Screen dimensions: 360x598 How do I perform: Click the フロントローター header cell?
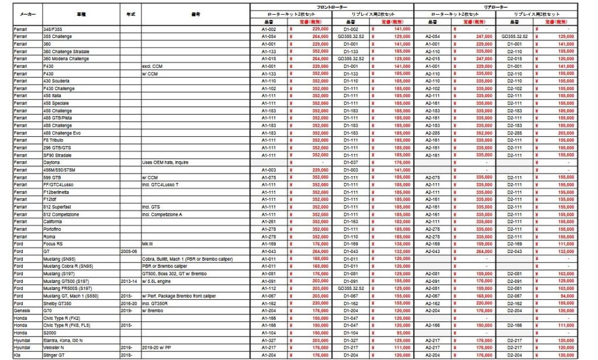click(332, 6)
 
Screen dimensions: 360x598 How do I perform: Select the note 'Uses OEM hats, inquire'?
click(165, 162)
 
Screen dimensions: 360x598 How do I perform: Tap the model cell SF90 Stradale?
click(57, 155)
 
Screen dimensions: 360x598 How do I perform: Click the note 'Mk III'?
click(148, 244)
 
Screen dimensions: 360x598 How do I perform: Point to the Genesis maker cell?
click(21, 310)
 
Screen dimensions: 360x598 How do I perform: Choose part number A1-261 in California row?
click(269, 221)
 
